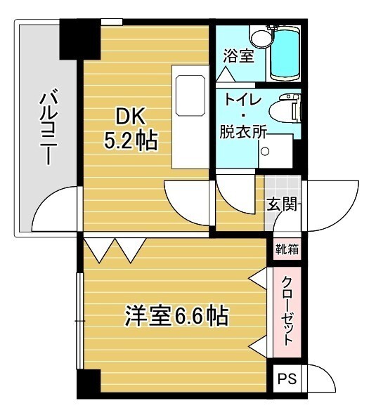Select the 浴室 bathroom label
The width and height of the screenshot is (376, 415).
tap(238, 57)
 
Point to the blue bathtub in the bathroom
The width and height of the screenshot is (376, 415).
tap(285, 53)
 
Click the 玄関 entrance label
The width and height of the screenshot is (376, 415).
tap(282, 205)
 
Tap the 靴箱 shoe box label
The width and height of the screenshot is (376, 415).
tap(286, 249)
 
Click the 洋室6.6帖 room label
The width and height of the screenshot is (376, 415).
tap(176, 316)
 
